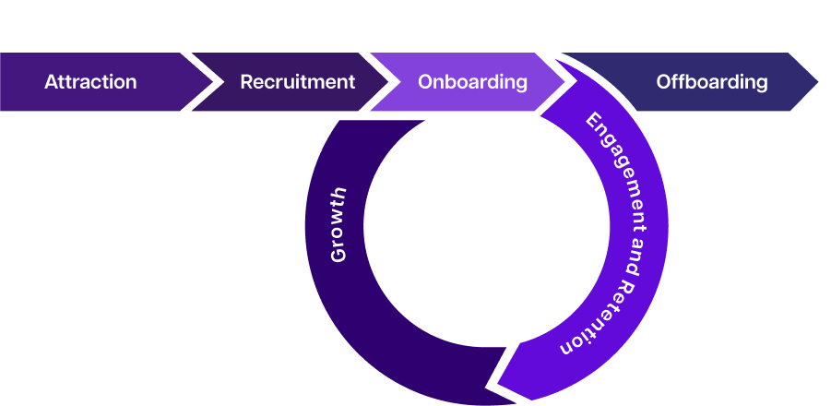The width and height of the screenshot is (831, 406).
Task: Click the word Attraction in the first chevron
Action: tap(90, 82)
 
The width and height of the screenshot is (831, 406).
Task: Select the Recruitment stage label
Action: tap(297, 82)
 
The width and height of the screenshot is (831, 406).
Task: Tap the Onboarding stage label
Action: tap(472, 82)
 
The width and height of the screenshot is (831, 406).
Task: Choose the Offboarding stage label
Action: tap(711, 82)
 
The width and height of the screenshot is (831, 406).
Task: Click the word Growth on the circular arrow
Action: tap(338, 224)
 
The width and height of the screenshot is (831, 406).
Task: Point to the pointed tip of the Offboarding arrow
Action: tap(817, 82)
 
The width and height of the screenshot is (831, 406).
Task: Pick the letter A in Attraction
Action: tap(51, 82)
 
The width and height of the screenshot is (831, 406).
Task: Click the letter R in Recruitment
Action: tap(246, 82)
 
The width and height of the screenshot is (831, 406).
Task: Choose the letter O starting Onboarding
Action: tap(425, 82)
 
